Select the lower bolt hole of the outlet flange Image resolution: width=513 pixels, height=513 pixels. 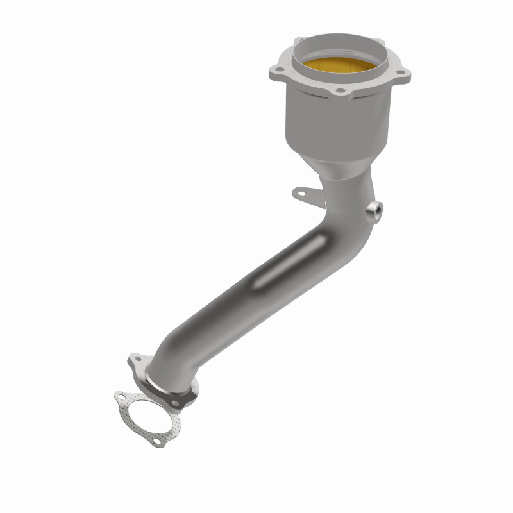pos(186,399)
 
